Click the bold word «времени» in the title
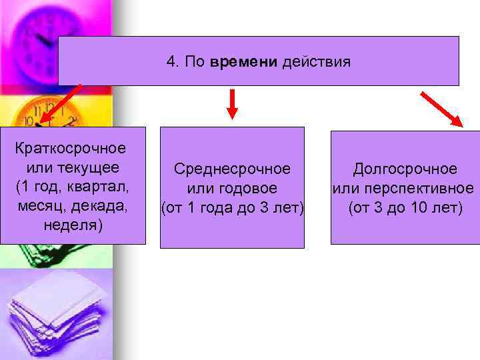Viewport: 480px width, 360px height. (x=245, y=63)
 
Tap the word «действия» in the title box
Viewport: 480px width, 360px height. (x=317, y=63)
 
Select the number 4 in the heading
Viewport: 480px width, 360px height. (x=171, y=63)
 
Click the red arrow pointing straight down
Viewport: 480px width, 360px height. (x=232, y=105)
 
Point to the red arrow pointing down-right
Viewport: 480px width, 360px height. (x=442, y=109)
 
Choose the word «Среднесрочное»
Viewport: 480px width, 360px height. (x=232, y=169)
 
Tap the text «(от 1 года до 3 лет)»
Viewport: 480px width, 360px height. (x=232, y=208)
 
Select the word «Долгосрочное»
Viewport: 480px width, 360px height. (x=405, y=169)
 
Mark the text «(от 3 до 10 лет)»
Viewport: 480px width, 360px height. (x=405, y=208)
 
